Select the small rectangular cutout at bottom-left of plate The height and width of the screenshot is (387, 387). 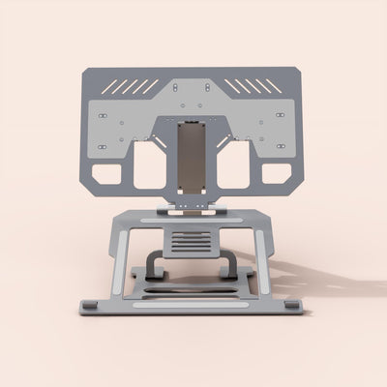click(x=106, y=175)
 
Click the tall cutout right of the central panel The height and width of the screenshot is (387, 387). click(x=234, y=165)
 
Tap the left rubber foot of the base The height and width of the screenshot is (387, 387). click(x=89, y=307)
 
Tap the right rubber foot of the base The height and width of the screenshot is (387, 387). click(x=292, y=306)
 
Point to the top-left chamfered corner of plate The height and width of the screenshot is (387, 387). click(x=85, y=72)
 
